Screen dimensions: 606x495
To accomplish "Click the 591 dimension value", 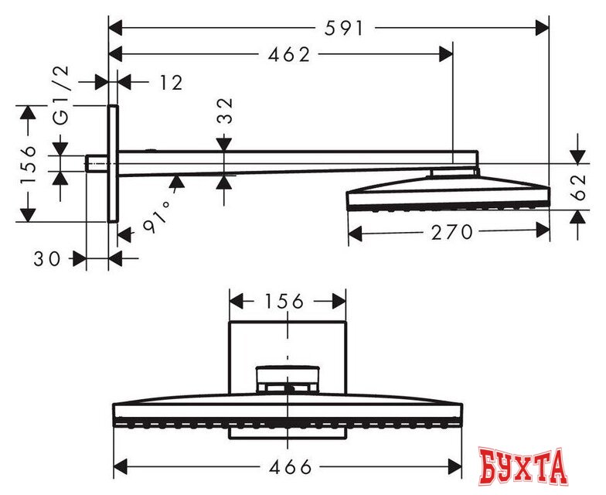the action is (x=343, y=28).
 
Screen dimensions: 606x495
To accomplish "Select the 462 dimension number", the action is (x=289, y=55).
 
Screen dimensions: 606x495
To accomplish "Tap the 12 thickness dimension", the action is (x=171, y=82).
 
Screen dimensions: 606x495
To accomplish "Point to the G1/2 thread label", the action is (x=62, y=96).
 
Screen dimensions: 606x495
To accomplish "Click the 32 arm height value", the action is (x=226, y=111).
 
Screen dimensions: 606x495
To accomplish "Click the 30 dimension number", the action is (x=47, y=258).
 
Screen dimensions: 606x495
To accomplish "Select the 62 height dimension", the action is (x=578, y=187).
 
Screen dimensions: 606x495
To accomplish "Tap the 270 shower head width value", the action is (x=451, y=232).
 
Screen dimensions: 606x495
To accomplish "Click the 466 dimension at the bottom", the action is (x=291, y=467).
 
